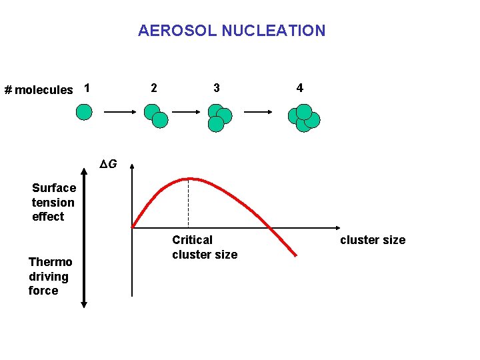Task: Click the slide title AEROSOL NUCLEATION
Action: pos(231,31)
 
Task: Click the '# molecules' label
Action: pos(39,90)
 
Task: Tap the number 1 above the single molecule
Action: pos(87,88)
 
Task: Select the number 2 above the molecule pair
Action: pos(154,88)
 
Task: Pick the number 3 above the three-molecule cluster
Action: pos(216,88)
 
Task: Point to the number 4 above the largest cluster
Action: pos(300,88)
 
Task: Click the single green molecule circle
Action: pos(84,112)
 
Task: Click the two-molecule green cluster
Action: pos(156,116)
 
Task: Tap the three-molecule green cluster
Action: pos(219,117)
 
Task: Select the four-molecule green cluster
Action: pos(303,118)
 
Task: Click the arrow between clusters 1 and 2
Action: pos(119,113)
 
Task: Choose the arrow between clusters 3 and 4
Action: pos(257,113)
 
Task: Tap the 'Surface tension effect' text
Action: pos(53,202)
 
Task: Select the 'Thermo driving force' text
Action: pos(49,276)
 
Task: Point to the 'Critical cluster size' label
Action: pos(204,247)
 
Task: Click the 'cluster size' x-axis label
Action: pos(372,240)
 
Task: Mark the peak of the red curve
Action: pos(190,179)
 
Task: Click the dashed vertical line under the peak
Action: pos(189,203)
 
